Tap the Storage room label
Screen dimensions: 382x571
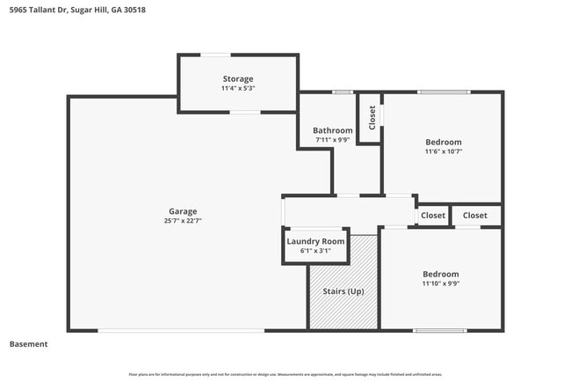237,78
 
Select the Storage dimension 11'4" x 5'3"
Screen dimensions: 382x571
237,88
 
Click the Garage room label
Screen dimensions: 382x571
183,210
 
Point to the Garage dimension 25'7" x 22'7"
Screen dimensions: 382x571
183,220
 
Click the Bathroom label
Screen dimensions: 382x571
333,130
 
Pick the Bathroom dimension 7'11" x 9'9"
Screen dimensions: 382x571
333,140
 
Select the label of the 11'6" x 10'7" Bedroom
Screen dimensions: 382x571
443,142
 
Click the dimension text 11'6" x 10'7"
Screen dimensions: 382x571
443,151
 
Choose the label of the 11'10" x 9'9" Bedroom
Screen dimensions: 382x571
440,274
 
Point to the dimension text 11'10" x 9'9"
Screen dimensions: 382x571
440,283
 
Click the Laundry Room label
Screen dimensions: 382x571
315,241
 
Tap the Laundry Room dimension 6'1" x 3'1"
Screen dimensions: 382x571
315,251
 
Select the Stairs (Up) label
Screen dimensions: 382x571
343,291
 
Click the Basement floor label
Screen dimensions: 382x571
28,344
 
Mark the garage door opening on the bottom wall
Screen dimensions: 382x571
180,330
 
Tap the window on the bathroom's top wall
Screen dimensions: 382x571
342,92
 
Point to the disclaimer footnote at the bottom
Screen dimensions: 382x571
285,374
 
